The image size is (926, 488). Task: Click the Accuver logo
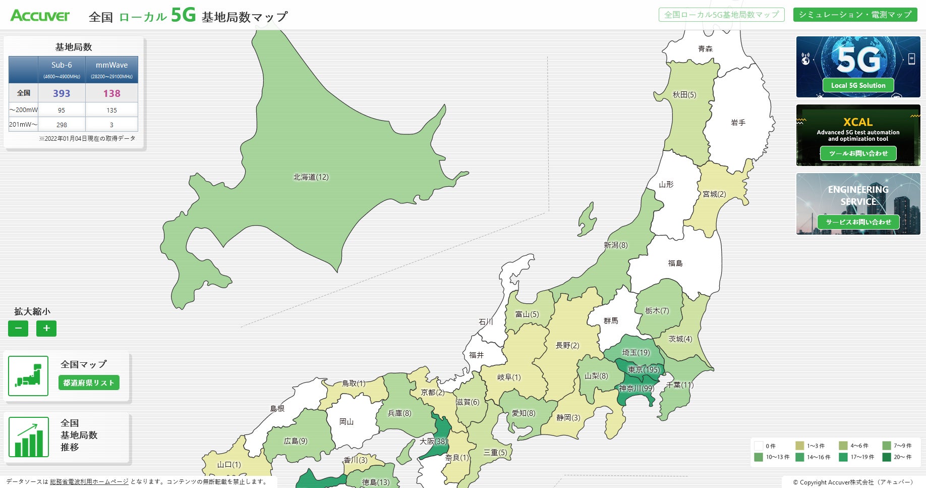40,16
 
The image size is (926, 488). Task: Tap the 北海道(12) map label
311,177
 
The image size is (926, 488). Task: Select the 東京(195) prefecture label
644,370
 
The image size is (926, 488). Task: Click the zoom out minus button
18,329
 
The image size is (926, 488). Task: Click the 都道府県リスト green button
89,383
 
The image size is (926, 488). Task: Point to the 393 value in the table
62,93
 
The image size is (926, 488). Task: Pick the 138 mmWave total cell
111,93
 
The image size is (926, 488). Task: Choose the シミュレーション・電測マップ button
855,15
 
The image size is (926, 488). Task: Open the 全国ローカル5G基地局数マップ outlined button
721,15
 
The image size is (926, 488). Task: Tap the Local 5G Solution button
858,85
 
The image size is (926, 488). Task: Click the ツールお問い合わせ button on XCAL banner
858,153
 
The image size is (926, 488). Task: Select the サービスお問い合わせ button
858,222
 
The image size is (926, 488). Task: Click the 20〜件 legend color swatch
887,457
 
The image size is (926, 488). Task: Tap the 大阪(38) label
433,441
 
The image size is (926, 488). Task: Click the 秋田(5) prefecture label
684,95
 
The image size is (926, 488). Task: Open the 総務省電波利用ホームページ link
89,482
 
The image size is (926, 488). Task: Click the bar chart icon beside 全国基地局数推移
29,437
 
